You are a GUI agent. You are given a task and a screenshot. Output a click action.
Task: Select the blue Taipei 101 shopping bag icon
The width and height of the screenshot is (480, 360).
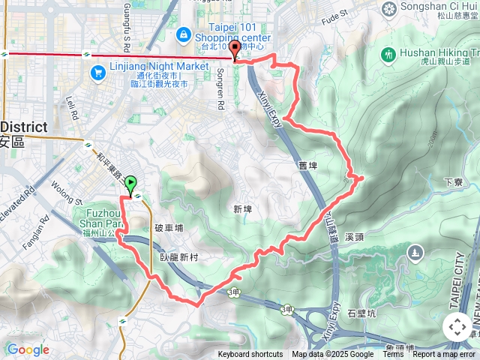(x=183, y=34)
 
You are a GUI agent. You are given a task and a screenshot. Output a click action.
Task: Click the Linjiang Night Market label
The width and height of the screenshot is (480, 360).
(x=159, y=66)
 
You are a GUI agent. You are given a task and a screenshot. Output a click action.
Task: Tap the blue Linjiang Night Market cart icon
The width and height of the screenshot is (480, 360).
(x=97, y=72)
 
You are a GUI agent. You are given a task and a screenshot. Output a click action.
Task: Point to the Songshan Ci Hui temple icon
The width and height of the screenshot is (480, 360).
(x=389, y=9)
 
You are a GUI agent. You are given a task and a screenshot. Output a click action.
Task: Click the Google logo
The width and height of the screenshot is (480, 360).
(x=28, y=349)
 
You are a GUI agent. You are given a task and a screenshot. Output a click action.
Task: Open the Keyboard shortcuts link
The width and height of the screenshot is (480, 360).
(x=250, y=355)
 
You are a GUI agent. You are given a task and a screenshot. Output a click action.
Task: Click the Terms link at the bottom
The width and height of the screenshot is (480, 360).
(x=393, y=355)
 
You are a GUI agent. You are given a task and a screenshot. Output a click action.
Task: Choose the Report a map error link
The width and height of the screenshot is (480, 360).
(x=445, y=355)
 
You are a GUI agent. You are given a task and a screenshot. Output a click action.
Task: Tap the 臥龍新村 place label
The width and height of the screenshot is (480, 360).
(x=178, y=257)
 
